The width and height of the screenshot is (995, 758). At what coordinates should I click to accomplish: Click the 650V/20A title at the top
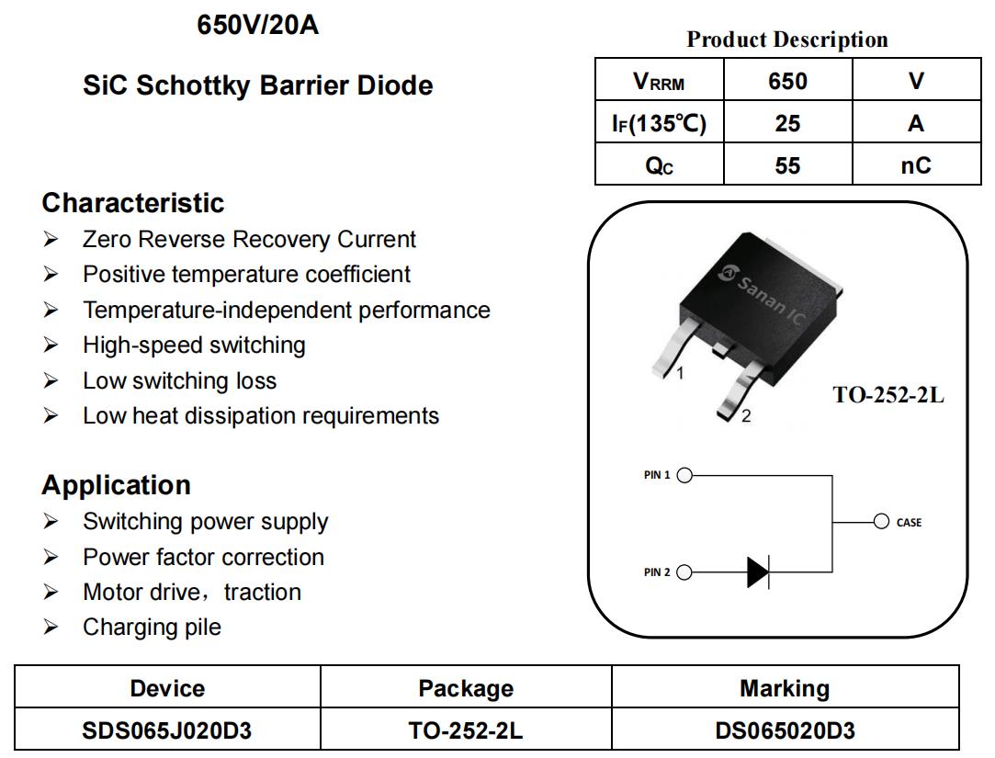pyautogui.click(x=257, y=26)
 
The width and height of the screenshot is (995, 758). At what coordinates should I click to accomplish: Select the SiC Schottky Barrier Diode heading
pyautogui.click(x=257, y=85)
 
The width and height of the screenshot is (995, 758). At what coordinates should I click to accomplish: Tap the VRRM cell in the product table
pyautogui.click(x=659, y=81)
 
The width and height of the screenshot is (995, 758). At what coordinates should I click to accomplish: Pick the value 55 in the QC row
pyautogui.click(x=787, y=165)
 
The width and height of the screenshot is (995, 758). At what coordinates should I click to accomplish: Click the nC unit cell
pyautogui.click(x=915, y=165)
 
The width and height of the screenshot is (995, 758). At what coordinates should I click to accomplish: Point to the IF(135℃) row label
pyautogui.click(x=659, y=123)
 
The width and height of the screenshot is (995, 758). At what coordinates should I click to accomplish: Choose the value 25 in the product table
pyautogui.click(x=787, y=123)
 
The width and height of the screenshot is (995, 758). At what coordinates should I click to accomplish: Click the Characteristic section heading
pyautogui.click(x=132, y=203)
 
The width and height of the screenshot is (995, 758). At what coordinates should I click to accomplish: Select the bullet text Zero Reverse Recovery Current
pyautogui.click(x=249, y=240)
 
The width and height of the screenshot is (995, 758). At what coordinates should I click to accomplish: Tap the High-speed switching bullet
pyautogui.click(x=194, y=345)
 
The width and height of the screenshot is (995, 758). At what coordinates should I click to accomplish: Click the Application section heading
pyautogui.click(x=116, y=485)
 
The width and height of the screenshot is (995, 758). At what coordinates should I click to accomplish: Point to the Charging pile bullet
pyautogui.click(x=152, y=628)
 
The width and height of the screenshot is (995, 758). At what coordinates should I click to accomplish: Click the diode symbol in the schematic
pyautogui.click(x=758, y=572)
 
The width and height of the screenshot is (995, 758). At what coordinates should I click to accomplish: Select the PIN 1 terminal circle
pyautogui.click(x=684, y=475)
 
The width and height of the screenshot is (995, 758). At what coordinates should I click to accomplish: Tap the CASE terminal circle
pyautogui.click(x=881, y=522)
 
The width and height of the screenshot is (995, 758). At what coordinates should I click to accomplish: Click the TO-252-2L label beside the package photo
pyautogui.click(x=888, y=395)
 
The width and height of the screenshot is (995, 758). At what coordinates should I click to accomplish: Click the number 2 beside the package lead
pyautogui.click(x=746, y=416)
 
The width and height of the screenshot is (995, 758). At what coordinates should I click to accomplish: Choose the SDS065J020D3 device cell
pyautogui.click(x=167, y=731)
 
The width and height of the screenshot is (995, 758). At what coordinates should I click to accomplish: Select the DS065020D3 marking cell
pyautogui.click(x=785, y=731)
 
